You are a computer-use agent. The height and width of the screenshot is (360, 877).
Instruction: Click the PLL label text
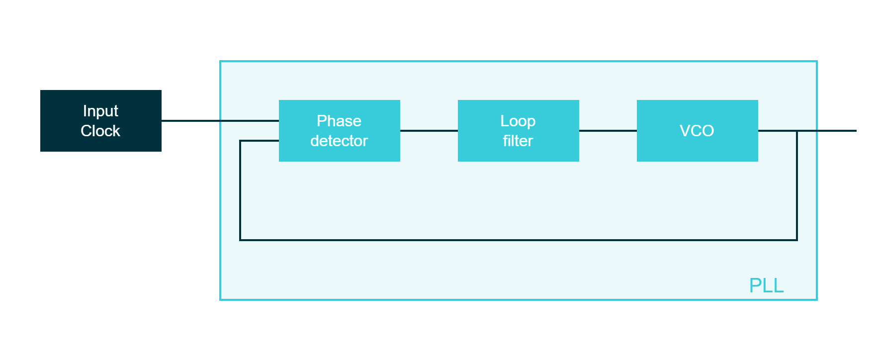click(766, 285)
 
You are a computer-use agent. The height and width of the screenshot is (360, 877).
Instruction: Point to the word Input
click(100, 111)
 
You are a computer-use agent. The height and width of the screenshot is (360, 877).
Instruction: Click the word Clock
click(100, 131)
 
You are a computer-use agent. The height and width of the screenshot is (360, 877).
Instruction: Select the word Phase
click(339, 121)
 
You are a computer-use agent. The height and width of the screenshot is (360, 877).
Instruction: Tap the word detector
click(339, 141)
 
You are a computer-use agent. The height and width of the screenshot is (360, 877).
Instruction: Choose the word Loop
click(518, 121)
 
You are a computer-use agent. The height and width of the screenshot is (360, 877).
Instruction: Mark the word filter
click(518, 141)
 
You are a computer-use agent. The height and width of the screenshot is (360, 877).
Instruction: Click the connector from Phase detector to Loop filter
click(429, 131)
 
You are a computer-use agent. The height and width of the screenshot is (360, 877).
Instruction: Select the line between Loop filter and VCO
click(608, 131)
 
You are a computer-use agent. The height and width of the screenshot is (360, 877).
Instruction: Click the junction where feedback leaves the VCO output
click(796, 131)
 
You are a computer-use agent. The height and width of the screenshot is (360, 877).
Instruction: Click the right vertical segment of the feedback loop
click(796, 189)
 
